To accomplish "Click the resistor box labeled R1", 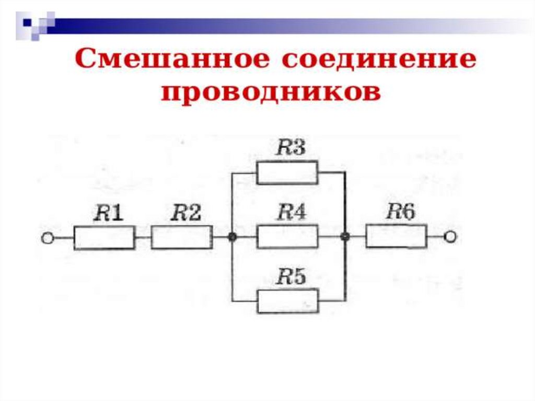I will (x=104, y=238).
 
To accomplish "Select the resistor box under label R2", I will (x=182, y=237).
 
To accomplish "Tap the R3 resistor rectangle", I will (x=287, y=173).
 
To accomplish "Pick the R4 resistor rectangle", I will (x=287, y=237).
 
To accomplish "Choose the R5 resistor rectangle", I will (x=287, y=301).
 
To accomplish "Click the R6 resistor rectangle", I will (x=397, y=236).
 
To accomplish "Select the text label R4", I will (x=291, y=213).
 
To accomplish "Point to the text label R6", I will (x=401, y=212).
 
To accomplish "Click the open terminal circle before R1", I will (x=48, y=238).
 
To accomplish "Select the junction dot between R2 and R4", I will (x=232, y=237).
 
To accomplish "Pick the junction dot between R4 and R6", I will (x=344, y=237).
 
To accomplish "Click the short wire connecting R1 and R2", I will (x=143, y=238).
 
